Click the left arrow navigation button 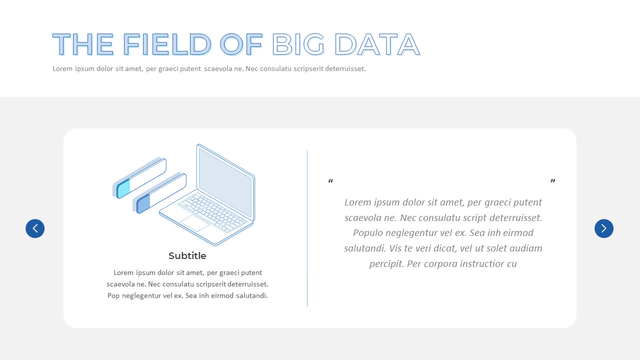pyautogui.click(x=35, y=228)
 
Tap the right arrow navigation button pyautogui.click(x=603, y=228)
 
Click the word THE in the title pyautogui.click(x=83, y=44)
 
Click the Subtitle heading pyautogui.click(x=187, y=256)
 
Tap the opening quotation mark pyautogui.click(x=330, y=181)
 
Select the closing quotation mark pyautogui.click(x=552, y=181)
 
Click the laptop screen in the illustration pyautogui.click(x=225, y=182)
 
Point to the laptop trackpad pyautogui.click(x=194, y=223)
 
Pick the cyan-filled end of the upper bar pyautogui.click(x=123, y=188)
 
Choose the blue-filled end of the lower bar pyautogui.click(x=143, y=204)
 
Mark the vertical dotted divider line pyautogui.click(x=307, y=228)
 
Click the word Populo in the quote pyautogui.click(x=369, y=233)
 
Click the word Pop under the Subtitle pyautogui.click(x=113, y=295)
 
